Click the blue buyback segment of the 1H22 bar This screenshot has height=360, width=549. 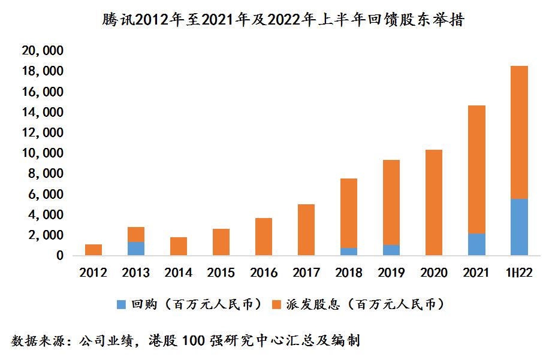coord(519,227)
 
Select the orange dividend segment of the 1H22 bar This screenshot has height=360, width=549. coord(519,132)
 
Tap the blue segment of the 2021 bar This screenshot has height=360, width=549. coord(476,244)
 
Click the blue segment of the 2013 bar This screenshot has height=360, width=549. coord(135,249)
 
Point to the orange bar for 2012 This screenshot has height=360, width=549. coord(93,250)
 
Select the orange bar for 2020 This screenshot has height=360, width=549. coord(434,202)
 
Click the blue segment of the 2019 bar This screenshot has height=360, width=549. coord(391,250)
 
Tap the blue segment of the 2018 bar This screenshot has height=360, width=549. coord(349,252)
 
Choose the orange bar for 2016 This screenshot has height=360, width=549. coord(264,237)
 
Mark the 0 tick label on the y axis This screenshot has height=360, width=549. coord(60,256)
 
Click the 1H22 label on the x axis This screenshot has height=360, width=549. coord(519,273)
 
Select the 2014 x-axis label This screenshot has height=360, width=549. coord(178,273)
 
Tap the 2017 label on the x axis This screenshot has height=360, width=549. coord(306,273)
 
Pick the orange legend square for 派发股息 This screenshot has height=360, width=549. coord(277,305)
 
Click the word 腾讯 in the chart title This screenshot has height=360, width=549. coord(114,20)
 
